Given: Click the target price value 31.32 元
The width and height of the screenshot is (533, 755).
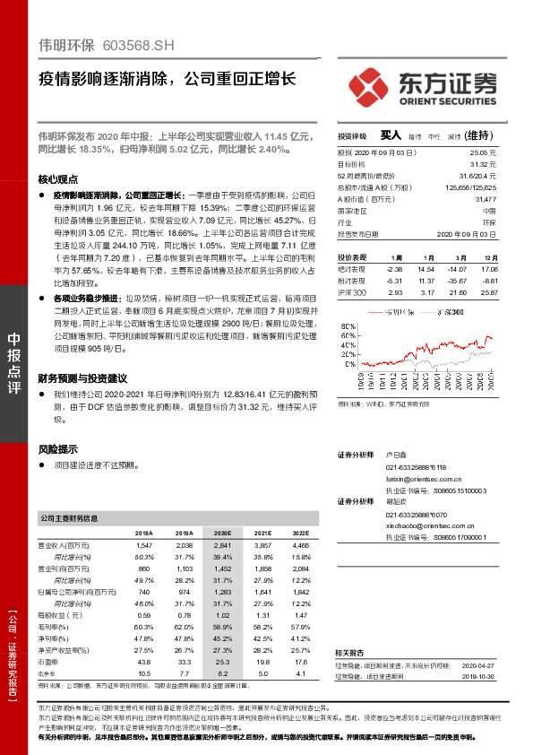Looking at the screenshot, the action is click(x=482, y=165).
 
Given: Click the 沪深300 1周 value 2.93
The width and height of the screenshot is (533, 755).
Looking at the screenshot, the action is click(x=395, y=292).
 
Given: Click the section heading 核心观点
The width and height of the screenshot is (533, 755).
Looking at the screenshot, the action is click(x=58, y=178).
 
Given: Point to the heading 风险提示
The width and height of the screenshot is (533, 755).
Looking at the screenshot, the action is click(x=58, y=448).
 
